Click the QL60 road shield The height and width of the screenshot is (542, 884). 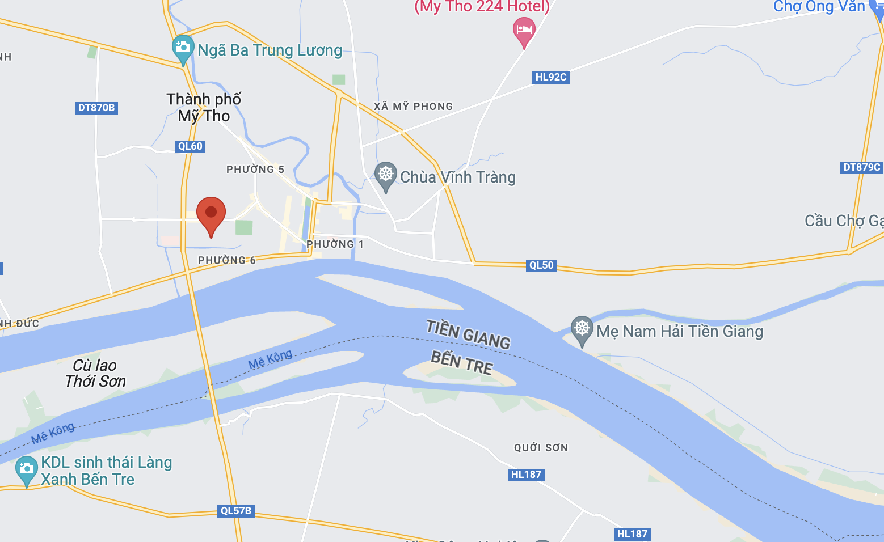(x=190, y=146)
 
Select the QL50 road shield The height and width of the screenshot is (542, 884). (x=541, y=265)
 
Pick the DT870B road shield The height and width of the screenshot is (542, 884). (x=96, y=108)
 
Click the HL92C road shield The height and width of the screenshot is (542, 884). (x=551, y=77)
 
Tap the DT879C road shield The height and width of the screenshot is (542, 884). (x=862, y=167)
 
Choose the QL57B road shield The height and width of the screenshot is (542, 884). (x=236, y=511)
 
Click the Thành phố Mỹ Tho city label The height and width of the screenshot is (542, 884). (x=204, y=108)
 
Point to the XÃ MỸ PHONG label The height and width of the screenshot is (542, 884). (x=414, y=107)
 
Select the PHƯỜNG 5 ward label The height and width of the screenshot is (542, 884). (x=255, y=170)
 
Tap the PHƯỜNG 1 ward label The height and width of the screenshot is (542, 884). (x=335, y=244)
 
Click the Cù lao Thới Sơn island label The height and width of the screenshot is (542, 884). (x=95, y=373)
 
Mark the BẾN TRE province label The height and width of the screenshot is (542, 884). (x=461, y=363)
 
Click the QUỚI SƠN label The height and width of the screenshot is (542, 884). (x=541, y=448)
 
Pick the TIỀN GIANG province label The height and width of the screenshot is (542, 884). (x=468, y=334)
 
